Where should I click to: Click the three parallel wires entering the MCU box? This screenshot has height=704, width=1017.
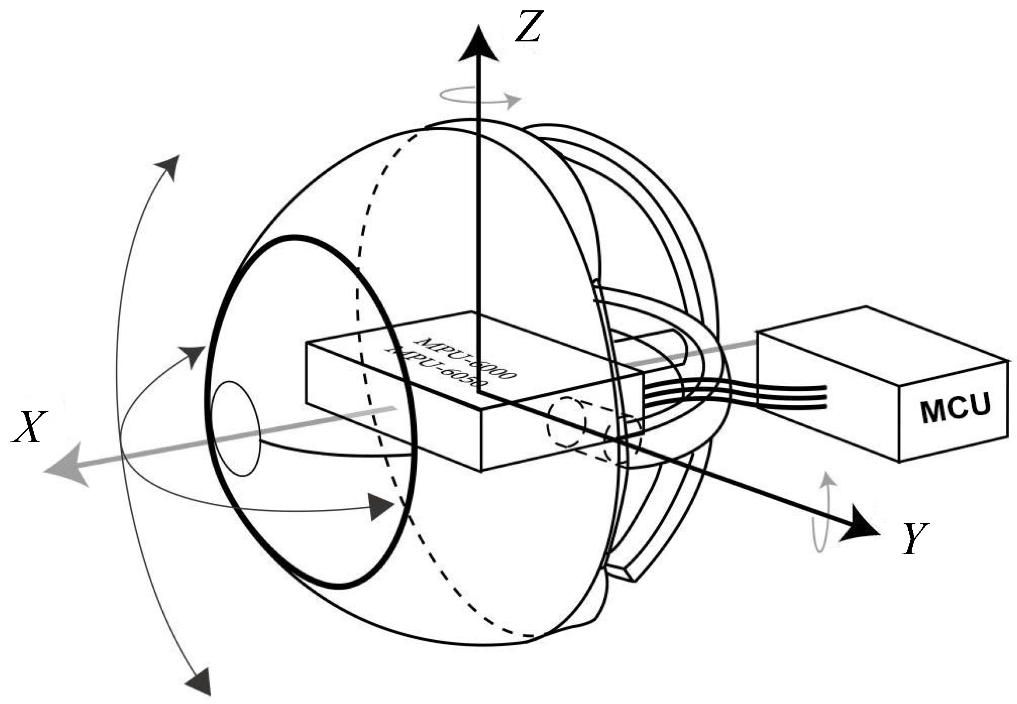click(x=789, y=395)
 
